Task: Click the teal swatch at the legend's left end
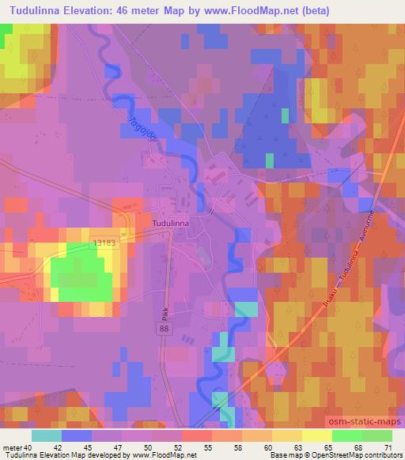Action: pos(47,435)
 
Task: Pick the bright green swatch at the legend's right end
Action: pos(377,435)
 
